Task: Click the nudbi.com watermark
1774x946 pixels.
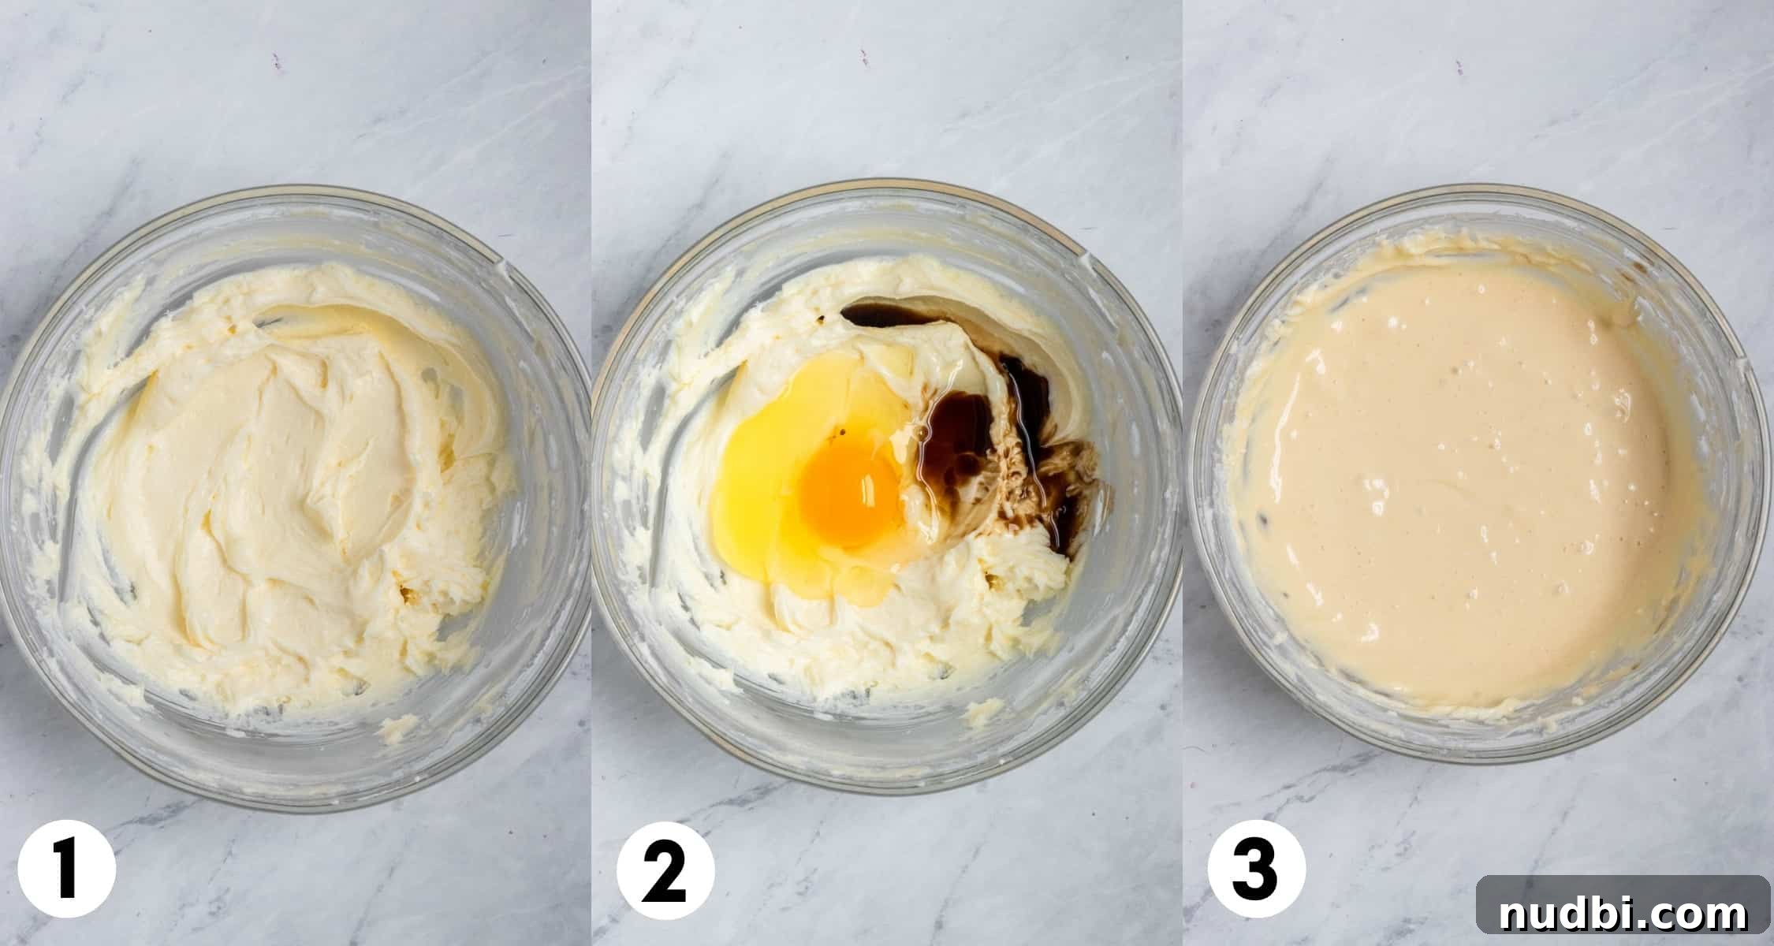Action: point(1623,914)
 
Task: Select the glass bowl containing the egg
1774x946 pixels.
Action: point(887,481)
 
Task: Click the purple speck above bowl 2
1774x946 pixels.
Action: point(865,56)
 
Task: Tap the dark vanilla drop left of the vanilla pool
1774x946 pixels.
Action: point(822,318)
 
